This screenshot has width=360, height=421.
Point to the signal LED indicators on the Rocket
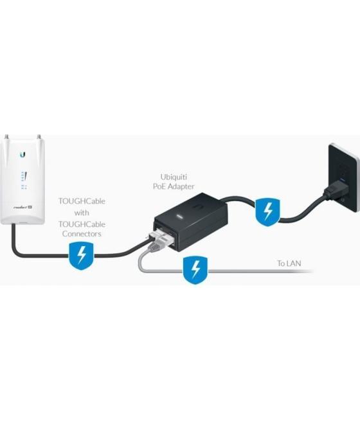pyautogui.click(x=23, y=178)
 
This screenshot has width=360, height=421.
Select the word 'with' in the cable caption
pyautogui.click(x=82, y=212)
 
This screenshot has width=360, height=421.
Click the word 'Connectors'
pyautogui.click(x=82, y=234)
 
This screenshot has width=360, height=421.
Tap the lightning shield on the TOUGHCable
pyautogui.click(x=80, y=256)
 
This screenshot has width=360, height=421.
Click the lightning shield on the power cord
pyautogui.click(x=265, y=211)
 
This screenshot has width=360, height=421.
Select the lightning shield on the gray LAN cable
pyautogui.click(x=193, y=271)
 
